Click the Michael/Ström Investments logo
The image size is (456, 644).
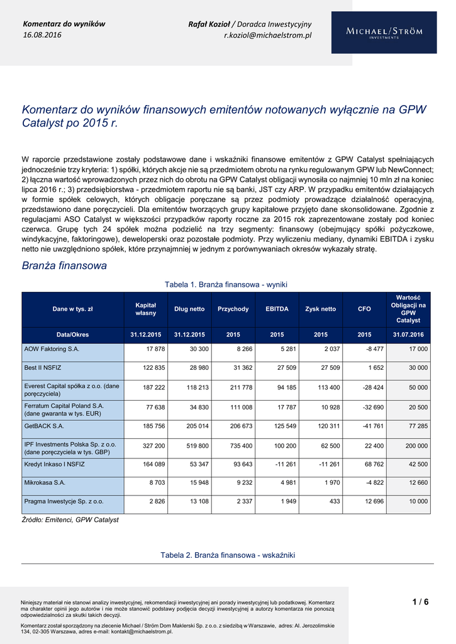coord(385,33)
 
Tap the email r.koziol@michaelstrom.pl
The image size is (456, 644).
coord(268,35)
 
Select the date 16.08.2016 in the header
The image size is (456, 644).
coord(42,35)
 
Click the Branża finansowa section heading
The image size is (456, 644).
coord(64,265)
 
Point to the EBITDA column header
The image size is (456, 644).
coord(277,309)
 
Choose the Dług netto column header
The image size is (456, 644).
coord(189,309)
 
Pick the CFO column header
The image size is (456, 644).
coord(364,309)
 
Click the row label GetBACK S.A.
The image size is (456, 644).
coord(44,426)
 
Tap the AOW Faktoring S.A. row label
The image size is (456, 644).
coord(52,348)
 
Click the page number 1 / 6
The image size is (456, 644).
coord(421,602)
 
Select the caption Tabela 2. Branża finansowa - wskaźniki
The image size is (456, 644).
coord(228,555)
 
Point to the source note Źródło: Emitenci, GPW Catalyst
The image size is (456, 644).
coord(70,520)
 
